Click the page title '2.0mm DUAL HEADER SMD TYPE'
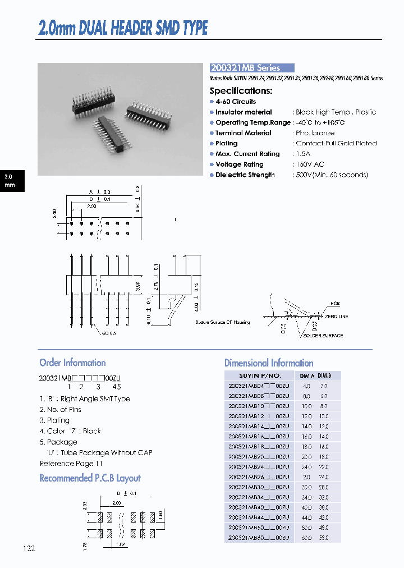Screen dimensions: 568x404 point(123,28)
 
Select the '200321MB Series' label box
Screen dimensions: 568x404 point(252,68)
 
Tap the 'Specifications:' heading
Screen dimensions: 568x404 point(241,90)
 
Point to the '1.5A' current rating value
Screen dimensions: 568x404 point(303,154)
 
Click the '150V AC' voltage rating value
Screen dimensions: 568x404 point(310,164)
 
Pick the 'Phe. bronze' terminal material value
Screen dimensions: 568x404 point(315,133)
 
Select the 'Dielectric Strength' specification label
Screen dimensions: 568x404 point(245,175)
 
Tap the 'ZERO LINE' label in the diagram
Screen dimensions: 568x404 point(337,317)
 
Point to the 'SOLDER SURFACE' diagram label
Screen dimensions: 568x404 point(323,336)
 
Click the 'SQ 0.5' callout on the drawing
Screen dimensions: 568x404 point(109,333)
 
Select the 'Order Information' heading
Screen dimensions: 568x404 point(72,363)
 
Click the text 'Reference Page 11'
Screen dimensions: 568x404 point(71,464)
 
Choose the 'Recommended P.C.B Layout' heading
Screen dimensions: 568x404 point(90,478)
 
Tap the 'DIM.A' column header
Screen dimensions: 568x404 point(306,375)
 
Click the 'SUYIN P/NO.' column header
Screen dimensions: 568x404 point(259,375)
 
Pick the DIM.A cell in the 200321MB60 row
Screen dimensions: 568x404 point(306,538)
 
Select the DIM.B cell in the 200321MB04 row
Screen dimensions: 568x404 point(324,386)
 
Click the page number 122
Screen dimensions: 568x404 point(29,548)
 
